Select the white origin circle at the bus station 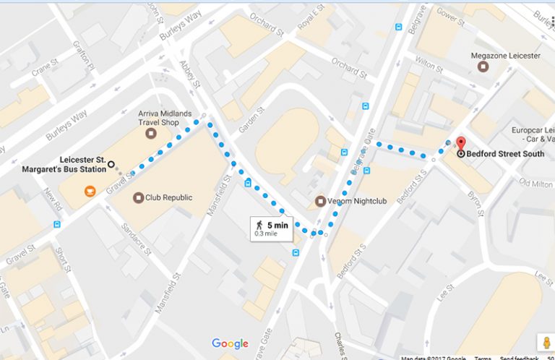pyautogui.click(x=111, y=164)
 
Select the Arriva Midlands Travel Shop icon pyautogui.click(x=150, y=134)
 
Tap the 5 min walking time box pyautogui.click(x=271, y=228)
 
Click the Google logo pyautogui.click(x=230, y=343)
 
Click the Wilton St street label pyautogui.click(x=429, y=65)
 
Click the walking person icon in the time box pyautogui.click(x=259, y=226)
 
